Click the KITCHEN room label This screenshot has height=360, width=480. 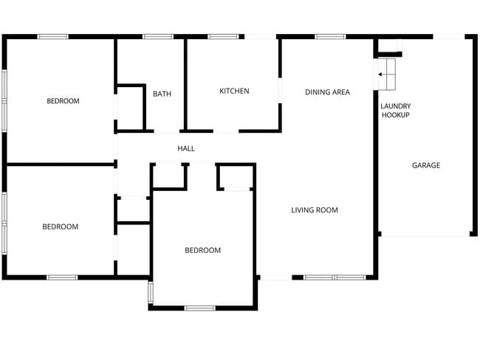pos(234,91)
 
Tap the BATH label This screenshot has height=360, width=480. pos(162,94)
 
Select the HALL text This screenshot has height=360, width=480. pos(186,148)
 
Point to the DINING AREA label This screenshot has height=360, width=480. pos(327,91)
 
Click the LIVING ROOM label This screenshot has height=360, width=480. pos(315,210)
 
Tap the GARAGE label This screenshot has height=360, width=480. pos(426,165)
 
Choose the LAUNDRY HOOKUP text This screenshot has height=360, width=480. pos(396,111)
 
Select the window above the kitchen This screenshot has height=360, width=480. pos(223,37)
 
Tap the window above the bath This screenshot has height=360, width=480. pos(158,37)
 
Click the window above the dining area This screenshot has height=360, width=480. pos(330,37)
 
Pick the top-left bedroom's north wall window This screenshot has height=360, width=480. pos(53,37)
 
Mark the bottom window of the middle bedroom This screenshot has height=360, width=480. pos(199,308)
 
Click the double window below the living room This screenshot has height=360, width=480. pos(335,277)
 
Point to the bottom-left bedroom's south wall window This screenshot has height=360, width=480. pos(62,277)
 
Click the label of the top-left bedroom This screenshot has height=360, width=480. pos(63,100)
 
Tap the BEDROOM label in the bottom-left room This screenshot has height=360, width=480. pos(61,226)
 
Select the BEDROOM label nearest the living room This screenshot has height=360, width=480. pos(202,250)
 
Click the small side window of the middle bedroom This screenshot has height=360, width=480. pos(151,292)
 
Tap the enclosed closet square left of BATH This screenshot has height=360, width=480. pos(131,108)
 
